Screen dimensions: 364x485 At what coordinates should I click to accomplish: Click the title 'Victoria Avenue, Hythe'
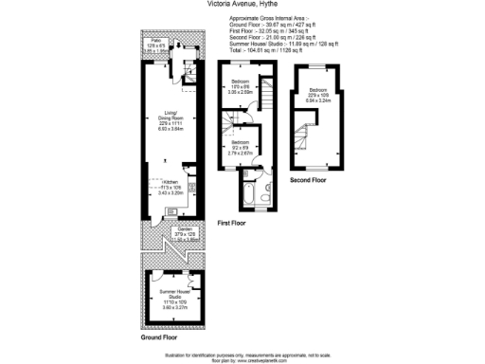tap(242, 4)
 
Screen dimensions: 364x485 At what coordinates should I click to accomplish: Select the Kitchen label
tap(171, 186)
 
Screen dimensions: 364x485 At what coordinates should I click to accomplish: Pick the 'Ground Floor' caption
tap(162, 337)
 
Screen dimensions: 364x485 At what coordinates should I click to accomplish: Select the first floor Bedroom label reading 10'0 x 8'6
tap(239, 89)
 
